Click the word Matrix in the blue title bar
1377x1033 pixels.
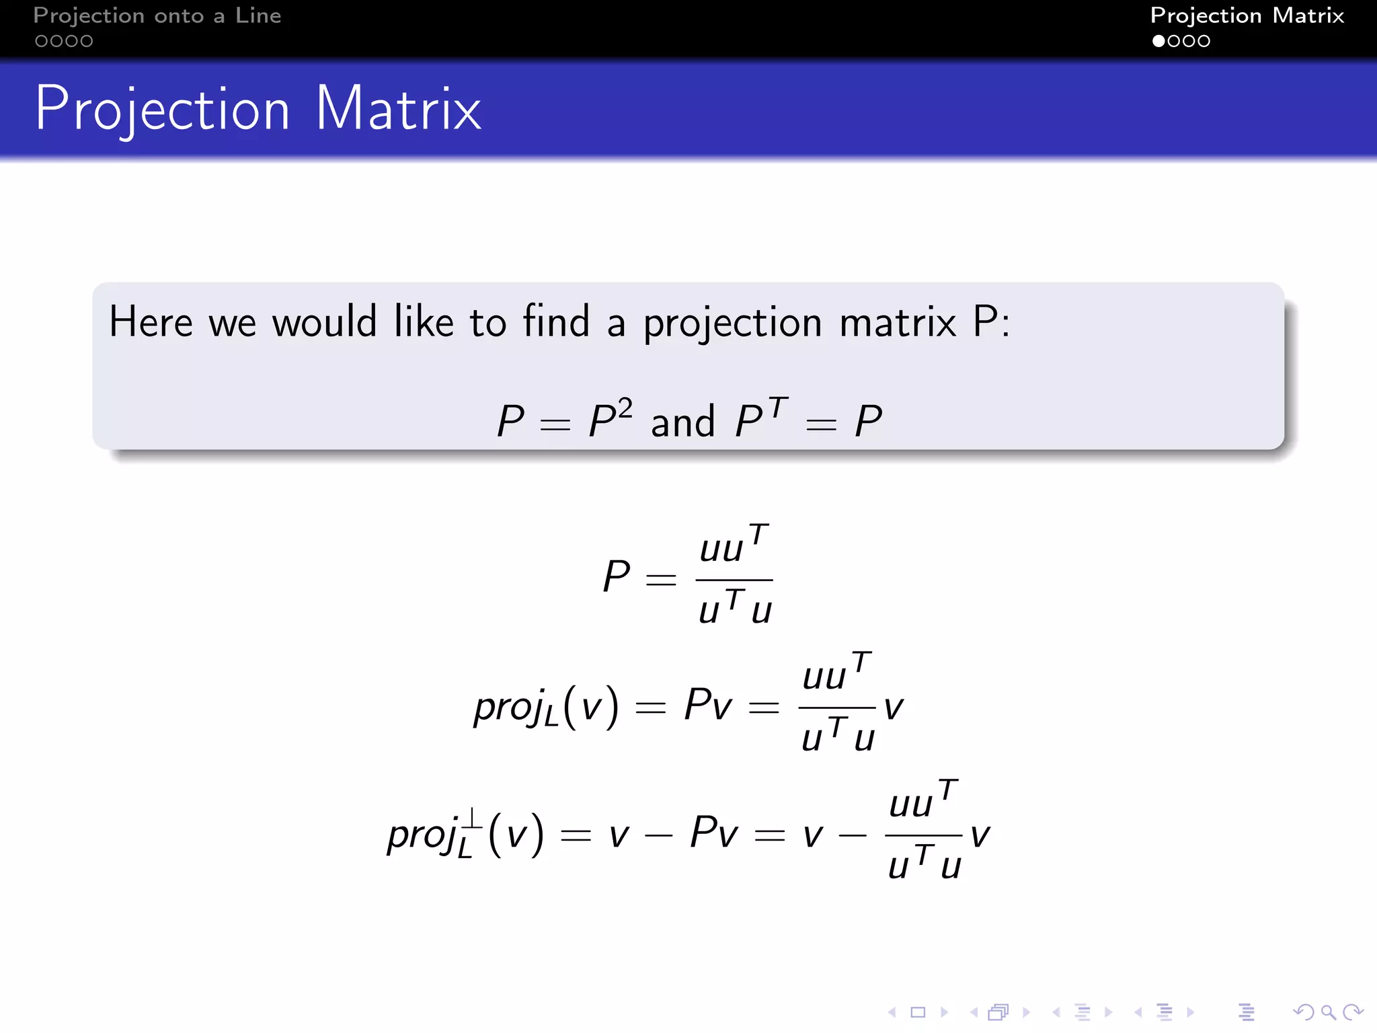click(398, 109)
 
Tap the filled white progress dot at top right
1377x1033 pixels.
click(1158, 41)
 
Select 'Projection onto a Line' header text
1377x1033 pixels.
click(157, 15)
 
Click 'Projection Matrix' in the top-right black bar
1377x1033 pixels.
click(1247, 15)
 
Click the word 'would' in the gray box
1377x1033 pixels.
click(324, 321)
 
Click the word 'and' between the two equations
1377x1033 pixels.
click(682, 422)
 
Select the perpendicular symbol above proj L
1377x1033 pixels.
click(471, 818)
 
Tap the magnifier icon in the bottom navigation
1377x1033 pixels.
click(1328, 1012)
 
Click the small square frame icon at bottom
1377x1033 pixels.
click(918, 1012)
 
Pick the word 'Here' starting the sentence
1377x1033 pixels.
click(151, 321)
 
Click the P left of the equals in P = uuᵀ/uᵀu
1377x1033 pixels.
click(616, 576)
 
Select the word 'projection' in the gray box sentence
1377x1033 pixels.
click(732, 323)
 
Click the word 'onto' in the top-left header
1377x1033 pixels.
click(179, 15)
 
